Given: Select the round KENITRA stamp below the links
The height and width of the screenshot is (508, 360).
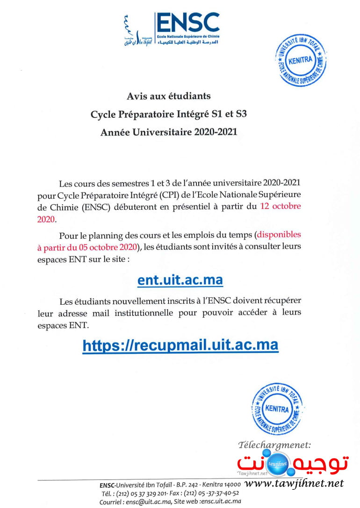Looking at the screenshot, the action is click(277, 408).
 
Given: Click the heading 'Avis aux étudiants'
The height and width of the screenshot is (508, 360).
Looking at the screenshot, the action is click(169, 96).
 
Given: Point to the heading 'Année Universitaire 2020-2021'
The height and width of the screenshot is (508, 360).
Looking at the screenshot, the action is click(169, 132).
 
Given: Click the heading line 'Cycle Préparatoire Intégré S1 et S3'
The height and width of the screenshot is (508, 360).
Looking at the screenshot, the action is click(169, 114).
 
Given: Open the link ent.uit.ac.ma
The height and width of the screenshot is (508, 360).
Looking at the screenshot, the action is click(180, 280).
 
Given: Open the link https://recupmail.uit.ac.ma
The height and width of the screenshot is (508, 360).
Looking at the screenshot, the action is click(180, 345).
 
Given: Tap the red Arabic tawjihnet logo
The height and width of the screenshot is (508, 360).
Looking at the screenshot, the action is click(292, 462).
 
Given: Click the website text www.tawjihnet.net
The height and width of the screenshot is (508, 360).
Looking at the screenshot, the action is click(294, 483).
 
